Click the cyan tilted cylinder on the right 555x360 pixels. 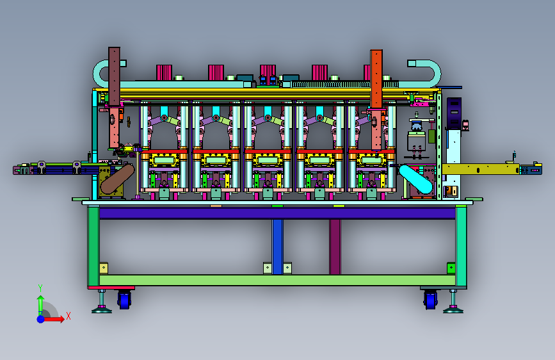click(x=416, y=179)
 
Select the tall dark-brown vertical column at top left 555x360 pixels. click(x=114, y=76)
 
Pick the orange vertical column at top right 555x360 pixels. click(x=376, y=79)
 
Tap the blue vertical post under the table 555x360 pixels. click(x=278, y=247)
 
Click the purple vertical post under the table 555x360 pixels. click(x=335, y=247)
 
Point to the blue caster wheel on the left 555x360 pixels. click(x=124, y=300)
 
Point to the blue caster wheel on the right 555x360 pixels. click(x=430, y=300)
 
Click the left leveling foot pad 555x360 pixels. click(x=102, y=311)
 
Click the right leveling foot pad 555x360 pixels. click(x=453, y=311)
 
